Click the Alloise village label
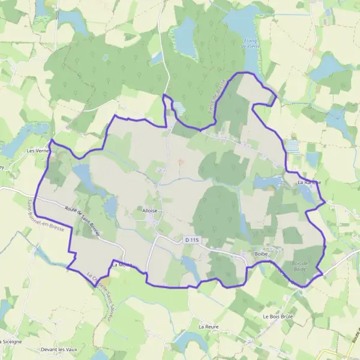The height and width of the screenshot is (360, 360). coord(150,211)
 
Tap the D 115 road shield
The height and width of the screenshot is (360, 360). coord(191,241)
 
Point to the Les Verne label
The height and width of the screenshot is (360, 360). coord(38,151)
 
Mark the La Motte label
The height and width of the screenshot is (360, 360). coord(121,264)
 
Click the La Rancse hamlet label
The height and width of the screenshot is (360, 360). coord(309,182)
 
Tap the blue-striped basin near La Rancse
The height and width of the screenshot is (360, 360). coord(292,146)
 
